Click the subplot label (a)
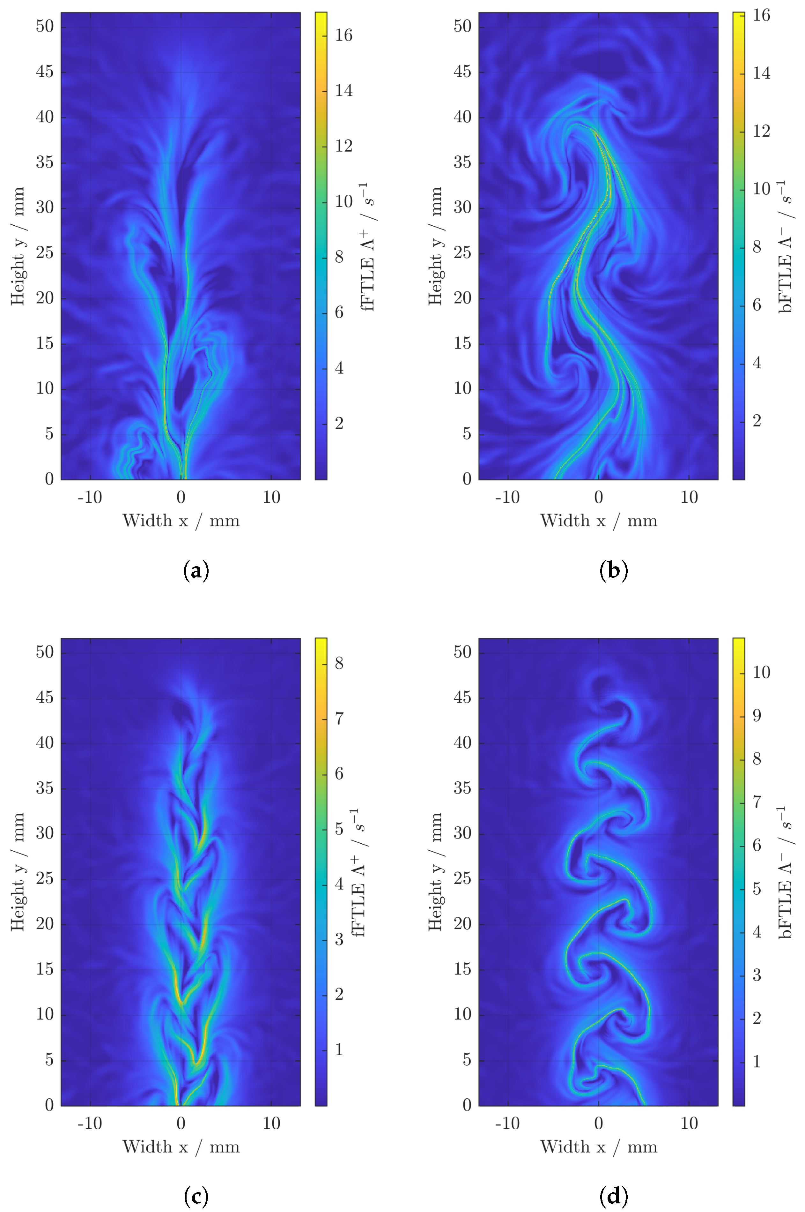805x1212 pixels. [196, 571]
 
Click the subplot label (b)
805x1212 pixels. [614, 571]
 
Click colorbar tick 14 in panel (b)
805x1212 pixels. [761, 73]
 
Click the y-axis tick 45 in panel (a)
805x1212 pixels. [45, 72]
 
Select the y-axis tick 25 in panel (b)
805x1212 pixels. [462, 253]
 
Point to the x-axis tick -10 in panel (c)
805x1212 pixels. [90, 1124]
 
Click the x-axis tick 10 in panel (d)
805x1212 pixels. [689, 1124]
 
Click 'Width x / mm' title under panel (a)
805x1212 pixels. [181, 521]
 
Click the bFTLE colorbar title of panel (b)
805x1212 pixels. [786, 247]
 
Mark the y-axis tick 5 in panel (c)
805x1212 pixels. [49, 1060]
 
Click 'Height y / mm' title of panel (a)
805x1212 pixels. [18, 246]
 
